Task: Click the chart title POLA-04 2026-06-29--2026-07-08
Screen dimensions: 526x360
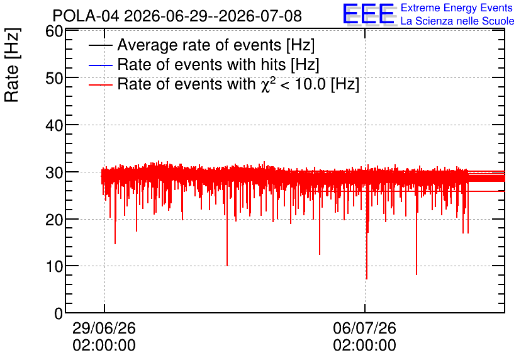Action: tap(177, 16)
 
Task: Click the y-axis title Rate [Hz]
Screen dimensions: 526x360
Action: tap(12, 65)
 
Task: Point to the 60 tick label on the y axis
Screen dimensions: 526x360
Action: tap(54, 31)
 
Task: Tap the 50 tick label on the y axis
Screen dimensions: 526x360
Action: tap(54, 79)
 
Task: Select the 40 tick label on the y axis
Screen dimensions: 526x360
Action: tap(54, 126)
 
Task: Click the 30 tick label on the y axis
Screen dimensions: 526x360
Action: tap(54, 173)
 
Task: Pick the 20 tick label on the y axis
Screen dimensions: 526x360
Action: tap(54, 220)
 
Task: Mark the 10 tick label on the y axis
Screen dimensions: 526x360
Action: tap(54, 267)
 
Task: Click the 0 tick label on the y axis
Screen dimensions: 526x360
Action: tap(59, 313)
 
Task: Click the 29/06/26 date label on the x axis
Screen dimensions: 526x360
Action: tap(104, 328)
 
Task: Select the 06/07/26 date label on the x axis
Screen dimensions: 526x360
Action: tap(365, 328)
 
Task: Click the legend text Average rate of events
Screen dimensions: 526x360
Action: tap(199, 45)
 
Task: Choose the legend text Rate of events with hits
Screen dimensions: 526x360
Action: tap(201, 64)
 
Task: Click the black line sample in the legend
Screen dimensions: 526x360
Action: tap(100, 45)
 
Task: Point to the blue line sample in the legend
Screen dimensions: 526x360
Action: tap(100, 65)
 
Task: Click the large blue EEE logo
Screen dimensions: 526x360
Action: tap(369, 14)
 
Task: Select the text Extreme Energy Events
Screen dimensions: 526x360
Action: tap(457, 8)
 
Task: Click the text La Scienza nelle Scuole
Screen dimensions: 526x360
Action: tap(457, 21)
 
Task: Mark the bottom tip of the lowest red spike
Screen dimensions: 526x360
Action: tap(367, 279)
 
